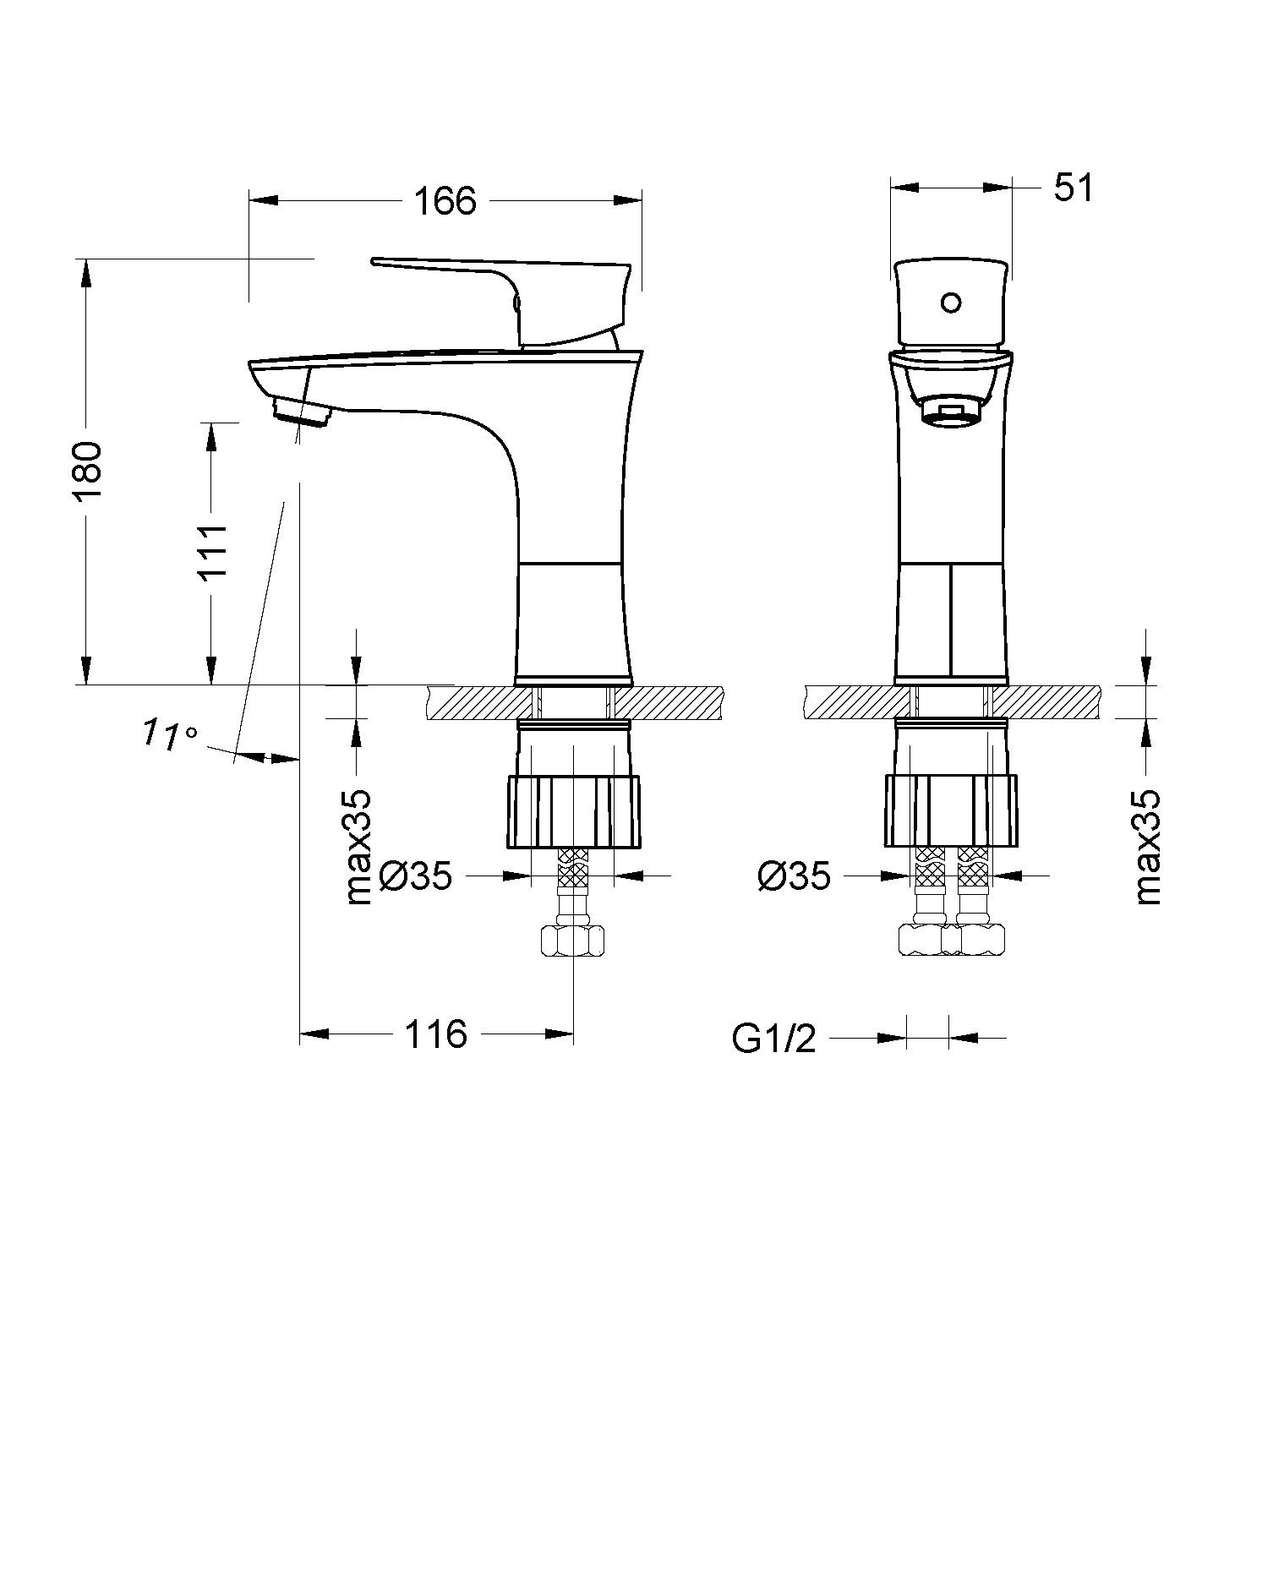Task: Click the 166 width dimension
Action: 445,201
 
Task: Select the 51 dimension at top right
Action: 1073,188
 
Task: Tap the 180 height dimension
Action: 88,471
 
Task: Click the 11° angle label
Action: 167,733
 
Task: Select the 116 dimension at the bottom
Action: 436,1034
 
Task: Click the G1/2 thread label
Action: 773,1039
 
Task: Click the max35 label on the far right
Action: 1148,848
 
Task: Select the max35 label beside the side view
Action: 359,848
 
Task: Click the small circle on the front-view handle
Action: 951,303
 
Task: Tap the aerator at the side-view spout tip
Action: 301,413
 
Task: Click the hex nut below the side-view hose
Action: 573,940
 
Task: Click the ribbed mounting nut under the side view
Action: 573,811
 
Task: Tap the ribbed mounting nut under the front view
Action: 952,811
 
